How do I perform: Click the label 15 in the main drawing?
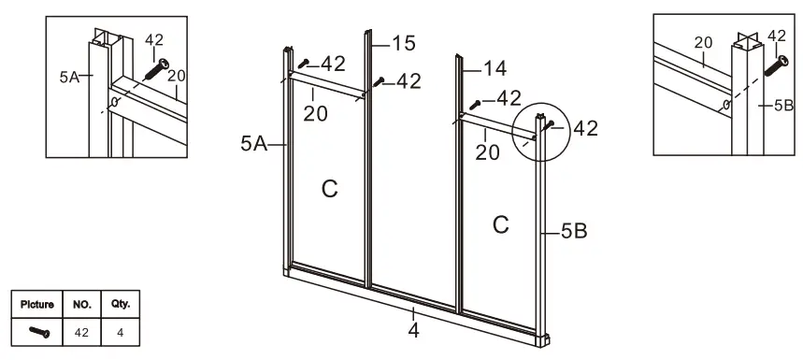tap(404, 43)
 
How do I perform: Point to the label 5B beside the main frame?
tap(574, 229)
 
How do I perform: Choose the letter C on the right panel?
tap(501, 224)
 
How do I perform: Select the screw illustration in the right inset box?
tap(777, 65)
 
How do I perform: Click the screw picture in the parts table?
tap(39, 331)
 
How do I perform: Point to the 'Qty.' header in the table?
tap(120, 305)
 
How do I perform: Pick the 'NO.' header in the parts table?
tap(80, 305)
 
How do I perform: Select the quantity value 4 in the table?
tap(120, 331)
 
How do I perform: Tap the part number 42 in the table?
tap(80, 331)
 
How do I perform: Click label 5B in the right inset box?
tap(783, 106)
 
